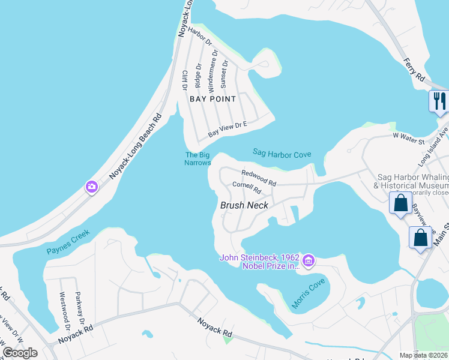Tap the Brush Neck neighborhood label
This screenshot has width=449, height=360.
(x=244, y=205)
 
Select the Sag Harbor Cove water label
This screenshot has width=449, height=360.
(x=282, y=154)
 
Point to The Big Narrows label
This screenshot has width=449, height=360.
(x=197, y=158)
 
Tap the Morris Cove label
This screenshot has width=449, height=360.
(x=308, y=293)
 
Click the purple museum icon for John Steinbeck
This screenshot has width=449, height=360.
(x=309, y=260)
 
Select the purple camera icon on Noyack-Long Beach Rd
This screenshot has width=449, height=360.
(x=92, y=187)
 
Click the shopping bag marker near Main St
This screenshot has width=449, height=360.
(x=421, y=237)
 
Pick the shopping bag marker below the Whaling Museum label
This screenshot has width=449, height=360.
(x=400, y=203)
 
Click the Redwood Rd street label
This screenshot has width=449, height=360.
(x=258, y=178)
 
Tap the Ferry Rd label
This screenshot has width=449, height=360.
(x=414, y=70)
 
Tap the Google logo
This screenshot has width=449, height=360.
(x=20, y=353)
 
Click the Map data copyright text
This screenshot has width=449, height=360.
(x=423, y=355)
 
